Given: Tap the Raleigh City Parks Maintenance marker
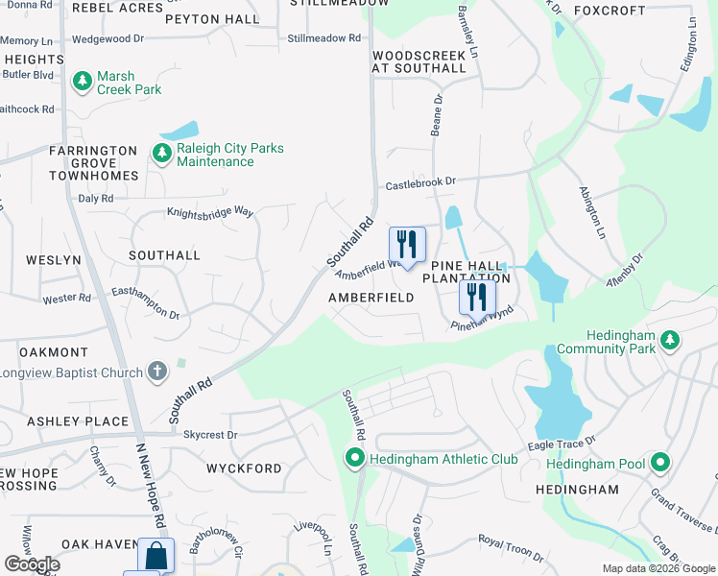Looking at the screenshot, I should tap(161, 152).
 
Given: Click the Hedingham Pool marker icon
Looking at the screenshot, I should tap(659, 464).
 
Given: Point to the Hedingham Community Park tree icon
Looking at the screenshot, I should tap(670, 340).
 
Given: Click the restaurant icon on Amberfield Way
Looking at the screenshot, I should tap(407, 245).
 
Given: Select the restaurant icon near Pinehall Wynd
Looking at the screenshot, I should tap(476, 298).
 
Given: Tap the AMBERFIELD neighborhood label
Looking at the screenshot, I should tap(371, 298).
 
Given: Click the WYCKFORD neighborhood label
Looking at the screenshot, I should tap(244, 468).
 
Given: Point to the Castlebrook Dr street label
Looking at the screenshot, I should tap(420, 181).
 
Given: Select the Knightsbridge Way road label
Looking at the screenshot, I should tap(210, 211).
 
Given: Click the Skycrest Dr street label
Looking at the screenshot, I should tap(209, 435).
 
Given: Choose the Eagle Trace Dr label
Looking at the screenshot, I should tap(562, 444).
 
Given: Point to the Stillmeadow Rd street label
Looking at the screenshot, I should tap(323, 38).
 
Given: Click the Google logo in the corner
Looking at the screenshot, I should tap(32, 564).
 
